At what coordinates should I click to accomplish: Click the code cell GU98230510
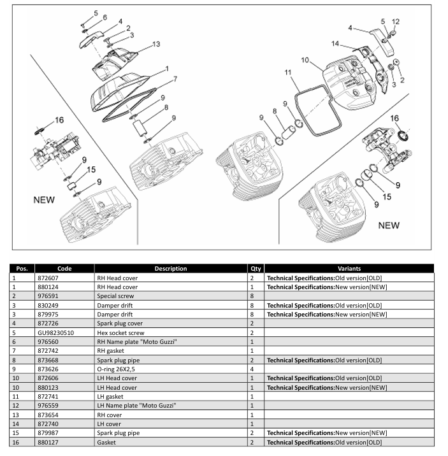click(x=55, y=332)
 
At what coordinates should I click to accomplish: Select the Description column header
click(x=170, y=268)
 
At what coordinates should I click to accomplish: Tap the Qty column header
click(x=256, y=268)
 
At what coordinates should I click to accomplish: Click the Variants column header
click(x=349, y=268)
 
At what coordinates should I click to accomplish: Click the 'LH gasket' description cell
click(x=112, y=396)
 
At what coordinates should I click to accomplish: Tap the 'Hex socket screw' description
click(x=120, y=332)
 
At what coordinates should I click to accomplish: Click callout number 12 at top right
click(x=395, y=22)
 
